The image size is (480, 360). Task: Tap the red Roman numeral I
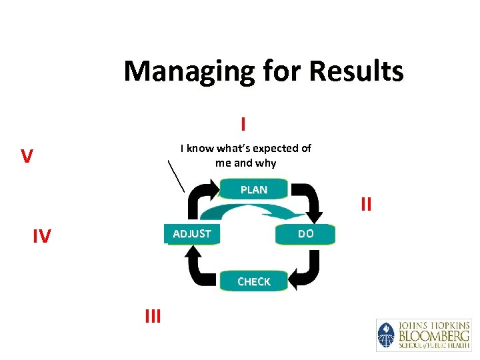tap(243, 125)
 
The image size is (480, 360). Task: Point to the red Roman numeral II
tap(366, 204)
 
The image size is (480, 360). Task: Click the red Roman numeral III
tap(153, 316)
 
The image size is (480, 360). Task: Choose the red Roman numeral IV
tap(41, 236)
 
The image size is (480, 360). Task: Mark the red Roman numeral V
tap(27, 157)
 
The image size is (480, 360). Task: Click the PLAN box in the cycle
tap(254, 190)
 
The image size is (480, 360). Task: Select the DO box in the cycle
tap(305, 234)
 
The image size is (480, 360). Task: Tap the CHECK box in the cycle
tap(254, 282)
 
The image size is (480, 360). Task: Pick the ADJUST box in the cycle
tap(192, 234)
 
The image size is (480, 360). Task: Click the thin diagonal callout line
tap(175, 175)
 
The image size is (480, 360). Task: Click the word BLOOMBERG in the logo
tap(433, 335)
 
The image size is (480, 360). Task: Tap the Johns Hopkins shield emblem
tap(386, 335)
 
